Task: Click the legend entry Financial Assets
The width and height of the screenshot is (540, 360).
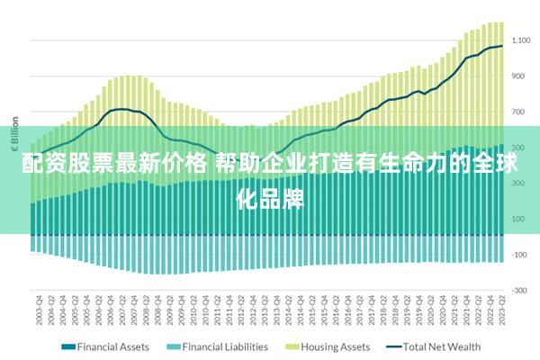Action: click(112, 346)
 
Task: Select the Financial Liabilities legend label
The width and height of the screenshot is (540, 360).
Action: click(224, 346)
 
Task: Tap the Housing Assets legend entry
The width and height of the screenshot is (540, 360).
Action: click(335, 346)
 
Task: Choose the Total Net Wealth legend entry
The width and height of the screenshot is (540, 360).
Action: click(441, 346)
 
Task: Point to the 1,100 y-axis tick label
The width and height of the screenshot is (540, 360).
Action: click(520, 40)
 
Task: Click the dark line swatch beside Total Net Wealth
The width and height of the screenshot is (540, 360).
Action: click(393, 346)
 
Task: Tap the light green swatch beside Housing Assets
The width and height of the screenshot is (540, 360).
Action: click(292, 346)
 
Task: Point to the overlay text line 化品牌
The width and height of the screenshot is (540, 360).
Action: click(270, 197)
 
